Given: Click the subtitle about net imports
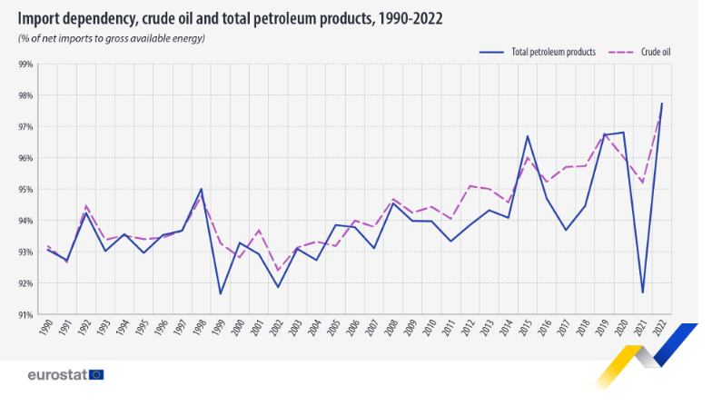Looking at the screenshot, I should click(x=112, y=38).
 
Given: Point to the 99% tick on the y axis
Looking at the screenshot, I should click(x=25, y=64).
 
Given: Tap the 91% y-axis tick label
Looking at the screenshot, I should click(x=25, y=314).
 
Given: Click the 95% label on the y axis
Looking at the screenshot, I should click(x=25, y=190).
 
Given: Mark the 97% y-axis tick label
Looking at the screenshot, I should click(x=25, y=127).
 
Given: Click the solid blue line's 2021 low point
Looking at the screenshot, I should click(x=642, y=292).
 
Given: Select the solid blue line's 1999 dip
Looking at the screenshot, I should click(x=220, y=293).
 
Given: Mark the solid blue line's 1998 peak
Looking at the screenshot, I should click(x=201, y=189).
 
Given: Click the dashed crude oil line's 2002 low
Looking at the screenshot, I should click(x=277, y=270).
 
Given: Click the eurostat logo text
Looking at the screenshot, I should click(x=56, y=374).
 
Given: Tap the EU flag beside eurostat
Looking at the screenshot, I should click(x=96, y=374).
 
